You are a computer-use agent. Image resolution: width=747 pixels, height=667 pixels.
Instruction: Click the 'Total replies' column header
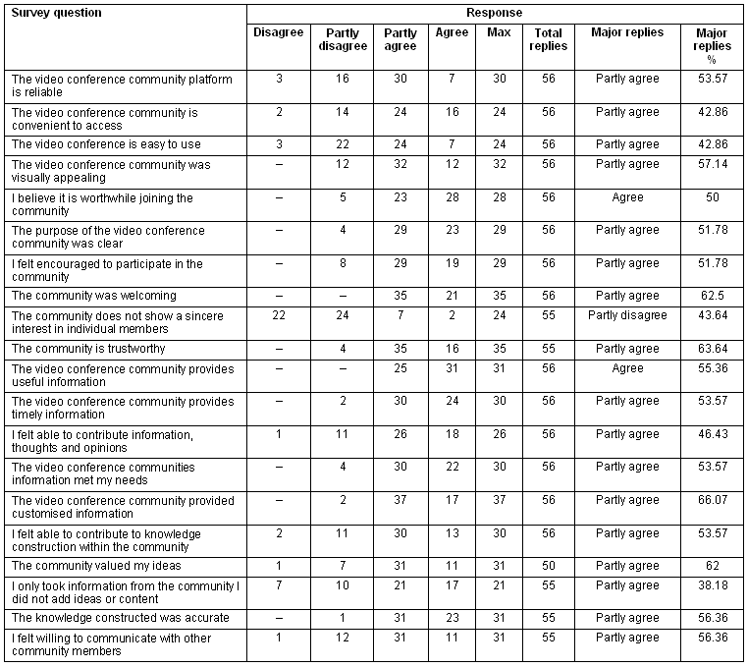(x=548, y=39)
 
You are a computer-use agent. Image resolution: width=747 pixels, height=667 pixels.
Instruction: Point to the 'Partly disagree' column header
(x=344, y=39)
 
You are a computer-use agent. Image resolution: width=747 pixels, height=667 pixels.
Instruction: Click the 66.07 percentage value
(x=712, y=500)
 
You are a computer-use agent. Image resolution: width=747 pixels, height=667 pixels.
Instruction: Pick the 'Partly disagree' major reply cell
(x=627, y=315)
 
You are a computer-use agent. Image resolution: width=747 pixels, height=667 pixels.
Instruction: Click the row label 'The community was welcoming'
(x=93, y=296)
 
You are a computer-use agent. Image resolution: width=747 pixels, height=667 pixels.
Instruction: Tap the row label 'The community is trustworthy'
(x=87, y=349)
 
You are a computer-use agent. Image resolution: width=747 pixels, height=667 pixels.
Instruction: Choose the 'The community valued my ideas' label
(x=95, y=566)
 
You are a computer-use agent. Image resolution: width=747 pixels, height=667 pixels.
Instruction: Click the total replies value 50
(x=548, y=566)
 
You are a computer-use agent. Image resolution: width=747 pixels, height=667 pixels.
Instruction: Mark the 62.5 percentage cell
(x=712, y=296)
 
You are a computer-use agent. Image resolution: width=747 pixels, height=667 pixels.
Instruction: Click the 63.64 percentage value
(x=712, y=349)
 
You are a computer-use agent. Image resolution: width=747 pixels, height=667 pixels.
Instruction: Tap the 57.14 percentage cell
(x=712, y=164)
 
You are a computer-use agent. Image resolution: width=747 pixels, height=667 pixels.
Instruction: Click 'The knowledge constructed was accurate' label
(x=120, y=618)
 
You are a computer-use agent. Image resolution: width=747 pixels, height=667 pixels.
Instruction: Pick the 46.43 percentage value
(x=712, y=434)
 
